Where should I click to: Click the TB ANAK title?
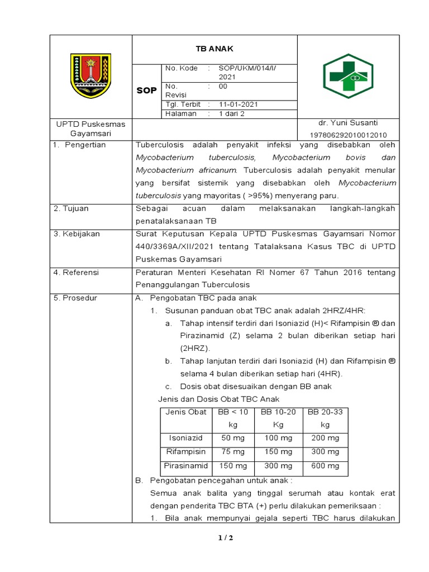[214, 49]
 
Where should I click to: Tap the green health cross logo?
[348, 76]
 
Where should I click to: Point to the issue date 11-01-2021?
[239, 104]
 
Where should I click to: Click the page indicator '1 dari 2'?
[232, 113]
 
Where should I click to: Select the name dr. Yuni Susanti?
[348, 123]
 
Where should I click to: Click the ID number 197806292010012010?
[348, 135]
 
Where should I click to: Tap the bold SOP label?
[147, 90]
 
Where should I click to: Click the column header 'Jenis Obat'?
[186, 412]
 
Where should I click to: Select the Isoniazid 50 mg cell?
[233, 438]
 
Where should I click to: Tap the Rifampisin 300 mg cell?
[325, 451]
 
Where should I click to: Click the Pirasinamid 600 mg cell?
[325, 466]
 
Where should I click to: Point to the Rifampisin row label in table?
[186, 451]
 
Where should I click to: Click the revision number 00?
[223, 87]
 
